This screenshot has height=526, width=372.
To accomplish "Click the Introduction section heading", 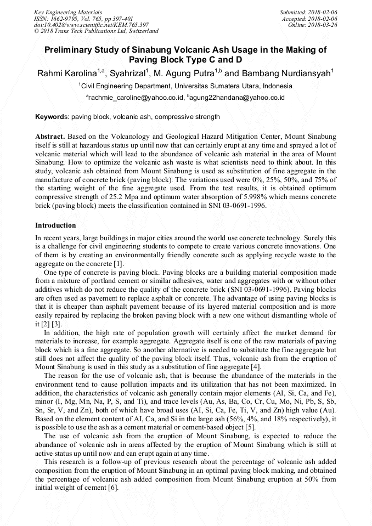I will coord(55,225).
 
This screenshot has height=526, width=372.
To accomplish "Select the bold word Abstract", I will coord(50,135).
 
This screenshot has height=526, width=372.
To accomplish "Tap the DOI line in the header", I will coord(91,25).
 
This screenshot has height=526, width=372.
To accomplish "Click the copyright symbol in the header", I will coord(36,31).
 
